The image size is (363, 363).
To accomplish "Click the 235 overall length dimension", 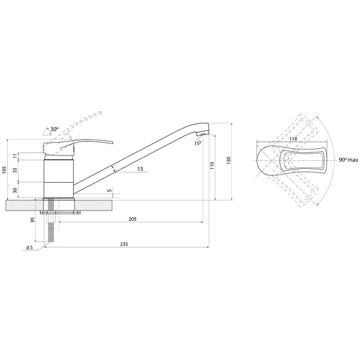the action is (x=124, y=244).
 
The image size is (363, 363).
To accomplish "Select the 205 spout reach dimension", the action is (x=132, y=219).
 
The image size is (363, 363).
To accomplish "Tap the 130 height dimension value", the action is (x=229, y=161).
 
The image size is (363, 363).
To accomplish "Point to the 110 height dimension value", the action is (x=212, y=166).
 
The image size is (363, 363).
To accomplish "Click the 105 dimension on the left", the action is (x=4, y=170).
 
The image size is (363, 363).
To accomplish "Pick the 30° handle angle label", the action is (x=54, y=129).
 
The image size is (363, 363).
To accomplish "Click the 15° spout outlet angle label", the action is (x=198, y=143).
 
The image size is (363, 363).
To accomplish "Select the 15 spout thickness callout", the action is (x=140, y=169).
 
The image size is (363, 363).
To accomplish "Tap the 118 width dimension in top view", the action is (x=293, y=139).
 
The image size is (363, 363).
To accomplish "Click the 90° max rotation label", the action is (x=348, y=160).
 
